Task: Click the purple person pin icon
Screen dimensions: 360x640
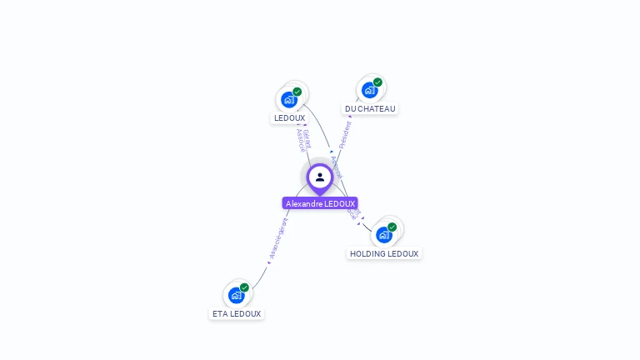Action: pos(320,177)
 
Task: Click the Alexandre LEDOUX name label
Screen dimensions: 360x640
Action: pos(320,203)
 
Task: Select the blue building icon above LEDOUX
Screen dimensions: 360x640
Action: pos(289,100)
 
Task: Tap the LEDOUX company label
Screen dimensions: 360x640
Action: pos(289,118)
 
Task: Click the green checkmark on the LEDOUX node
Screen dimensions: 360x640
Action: pos(297,92)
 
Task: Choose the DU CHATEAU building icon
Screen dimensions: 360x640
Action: pos(369,90)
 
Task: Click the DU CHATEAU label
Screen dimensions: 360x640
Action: pos(371,108)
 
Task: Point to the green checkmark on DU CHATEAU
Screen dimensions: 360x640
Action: pos(377,82)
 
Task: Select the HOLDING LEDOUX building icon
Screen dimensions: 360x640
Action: pos(384,235)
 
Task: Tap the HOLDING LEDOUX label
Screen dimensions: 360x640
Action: pos(384,253)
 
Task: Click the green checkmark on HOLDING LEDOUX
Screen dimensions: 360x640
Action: pos(392,227)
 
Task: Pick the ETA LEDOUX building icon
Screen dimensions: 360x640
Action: pos(237,295)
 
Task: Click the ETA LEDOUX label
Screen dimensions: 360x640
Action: pos(237,314)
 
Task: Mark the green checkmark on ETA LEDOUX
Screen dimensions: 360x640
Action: pos(244,287)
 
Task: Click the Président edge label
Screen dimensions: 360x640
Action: pos(345,134)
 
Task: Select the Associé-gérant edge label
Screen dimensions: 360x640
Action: pos(278,239)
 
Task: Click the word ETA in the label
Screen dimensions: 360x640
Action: pos(220,314)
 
